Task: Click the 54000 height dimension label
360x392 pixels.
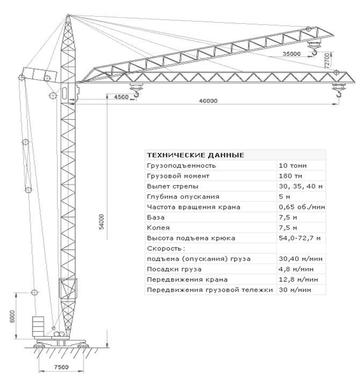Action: pos(101,222)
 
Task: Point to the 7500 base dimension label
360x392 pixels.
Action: pos(62,367)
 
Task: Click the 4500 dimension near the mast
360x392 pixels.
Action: pos(121,97)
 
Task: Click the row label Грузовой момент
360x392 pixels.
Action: pos(171,176)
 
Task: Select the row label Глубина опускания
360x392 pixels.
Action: pos(175,197)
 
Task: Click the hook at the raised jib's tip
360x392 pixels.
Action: pos(314,51)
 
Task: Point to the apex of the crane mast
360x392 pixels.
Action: pos(68,17)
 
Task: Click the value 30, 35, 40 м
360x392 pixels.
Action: pos(300,186)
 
